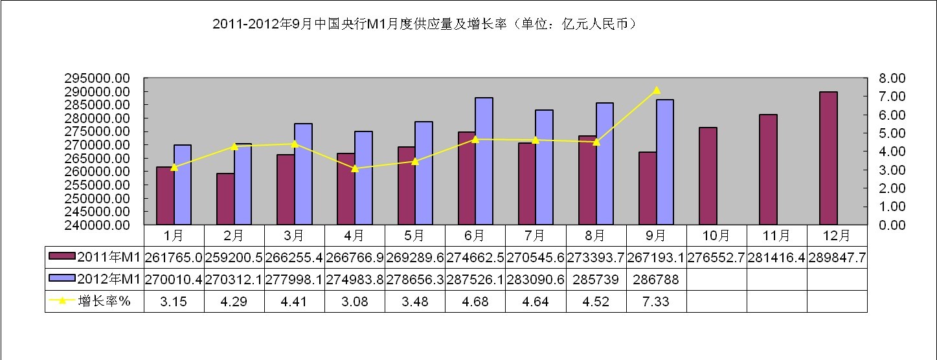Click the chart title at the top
[427, 25]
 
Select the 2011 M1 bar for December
[828, 158]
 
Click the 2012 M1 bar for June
[484, 161]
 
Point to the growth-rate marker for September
[657, 91]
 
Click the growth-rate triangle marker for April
[355, 168]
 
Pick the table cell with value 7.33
[657, 302]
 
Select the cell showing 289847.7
[837, 258]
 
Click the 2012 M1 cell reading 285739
[596, 280]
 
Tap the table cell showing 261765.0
[174, 258]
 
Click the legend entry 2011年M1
[95, 258]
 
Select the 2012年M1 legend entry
[95, 280]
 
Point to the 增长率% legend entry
[95, 302]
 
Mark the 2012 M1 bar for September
[664, 162]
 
